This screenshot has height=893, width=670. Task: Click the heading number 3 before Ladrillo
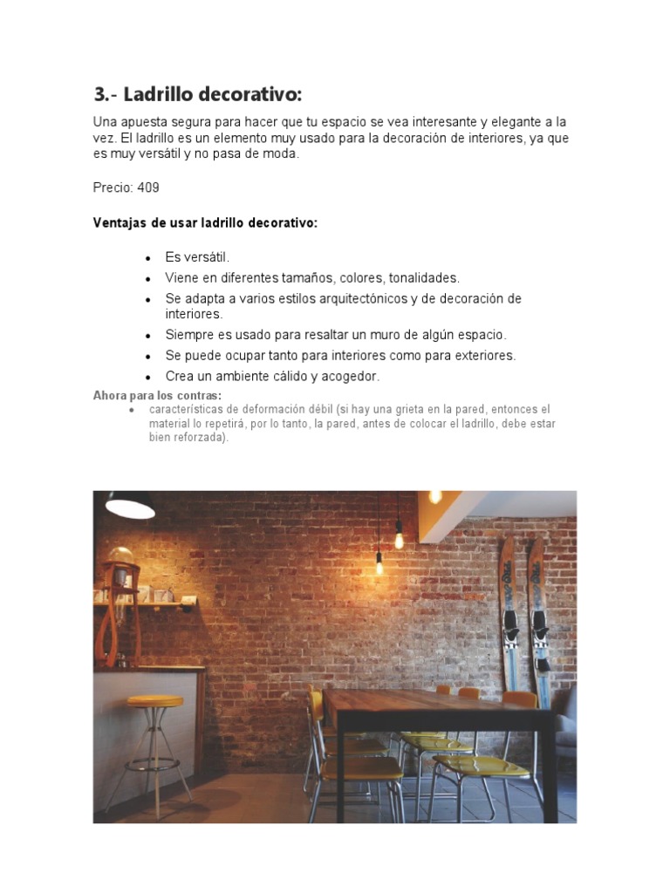coord(99,94)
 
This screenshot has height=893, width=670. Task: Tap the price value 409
coord(148,187)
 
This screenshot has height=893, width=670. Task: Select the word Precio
coord(112,187)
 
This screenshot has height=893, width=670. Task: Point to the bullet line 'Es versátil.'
coord(197,257)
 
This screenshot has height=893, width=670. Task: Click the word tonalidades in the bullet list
coord(425,278)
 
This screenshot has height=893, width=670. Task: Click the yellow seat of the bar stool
coord(154,701)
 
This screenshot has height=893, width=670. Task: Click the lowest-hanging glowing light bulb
coord(379,565)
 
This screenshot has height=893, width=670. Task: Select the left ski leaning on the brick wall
coord(509,610)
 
